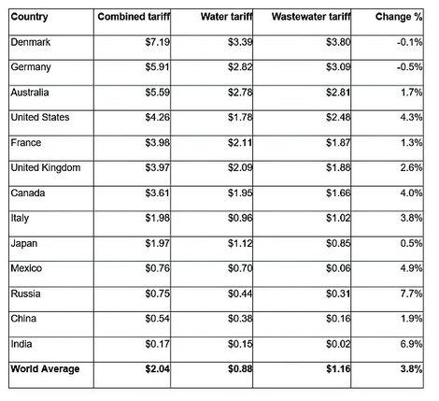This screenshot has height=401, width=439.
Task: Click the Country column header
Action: tap(29, 17)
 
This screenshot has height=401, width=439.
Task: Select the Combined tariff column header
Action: tap(134, 17)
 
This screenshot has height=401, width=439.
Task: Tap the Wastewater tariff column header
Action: tap(311, 17)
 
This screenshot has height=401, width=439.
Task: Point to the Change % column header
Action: tap(399, 17)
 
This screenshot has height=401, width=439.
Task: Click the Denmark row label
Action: tap(31, 42)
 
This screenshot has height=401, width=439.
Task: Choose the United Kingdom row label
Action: tap(46, 167)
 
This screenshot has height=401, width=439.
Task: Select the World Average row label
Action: tap(45, 369)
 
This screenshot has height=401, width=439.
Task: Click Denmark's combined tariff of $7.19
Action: tap(158, 42)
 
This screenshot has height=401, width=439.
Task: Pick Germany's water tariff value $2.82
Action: tap(240, 67)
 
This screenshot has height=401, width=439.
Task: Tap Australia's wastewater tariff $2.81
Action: tap(338, 93)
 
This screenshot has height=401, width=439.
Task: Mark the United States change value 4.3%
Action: tap(411, 118)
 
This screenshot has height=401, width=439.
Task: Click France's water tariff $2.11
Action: tap(240, 143)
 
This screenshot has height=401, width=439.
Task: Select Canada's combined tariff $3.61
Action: tap(158, 193)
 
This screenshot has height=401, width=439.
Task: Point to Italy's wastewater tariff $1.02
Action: tap(338, 218)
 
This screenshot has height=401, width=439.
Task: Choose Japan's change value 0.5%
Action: tap(411, 243)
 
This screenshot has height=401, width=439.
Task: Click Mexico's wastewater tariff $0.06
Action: tap(338, 268)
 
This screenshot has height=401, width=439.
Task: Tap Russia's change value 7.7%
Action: tap(411, 294)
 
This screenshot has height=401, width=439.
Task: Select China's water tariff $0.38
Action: tap(240, 319)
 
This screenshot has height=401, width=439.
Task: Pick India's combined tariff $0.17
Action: tap(158, 344)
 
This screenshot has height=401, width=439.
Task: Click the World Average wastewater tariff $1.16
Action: tap(338, 369)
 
